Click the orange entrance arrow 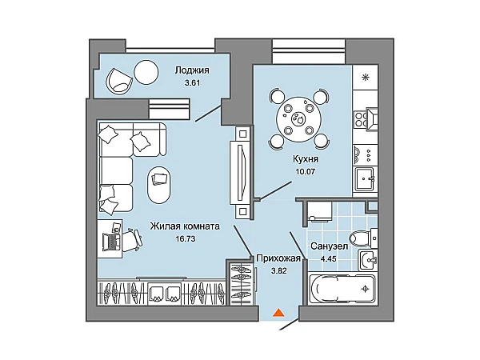coord(278,313)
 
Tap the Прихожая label coord(278,258)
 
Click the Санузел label coord(328,246)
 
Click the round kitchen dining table coord(298,119)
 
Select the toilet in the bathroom coord(361,237)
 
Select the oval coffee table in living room coord(158,185)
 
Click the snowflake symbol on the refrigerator coord(366,78)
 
